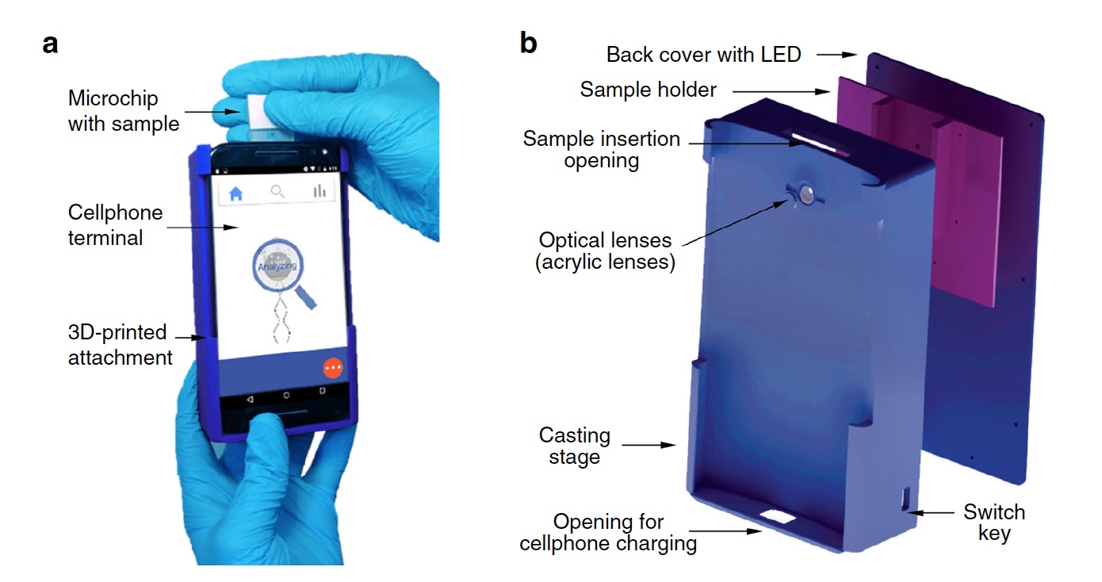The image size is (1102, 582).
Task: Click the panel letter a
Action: (51, 44)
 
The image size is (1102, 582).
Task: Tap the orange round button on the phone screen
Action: (332, 369)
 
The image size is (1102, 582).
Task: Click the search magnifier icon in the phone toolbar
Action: (277, 191)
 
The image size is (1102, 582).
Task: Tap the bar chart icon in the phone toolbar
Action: (320, 191)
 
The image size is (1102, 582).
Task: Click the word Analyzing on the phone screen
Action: (277, 266)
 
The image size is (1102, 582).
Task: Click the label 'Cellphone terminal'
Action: (115, 224)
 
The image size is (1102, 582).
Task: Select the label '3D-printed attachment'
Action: (120, 346)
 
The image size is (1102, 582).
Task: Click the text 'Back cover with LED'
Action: (704, 55)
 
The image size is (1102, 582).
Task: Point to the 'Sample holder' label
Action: (648, 90)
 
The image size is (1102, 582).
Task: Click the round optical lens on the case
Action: (806, 193)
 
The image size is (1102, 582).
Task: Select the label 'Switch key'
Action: (994, 522)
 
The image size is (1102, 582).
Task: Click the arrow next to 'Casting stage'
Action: (649, 446)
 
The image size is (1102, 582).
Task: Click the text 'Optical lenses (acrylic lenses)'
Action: (605, 251)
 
